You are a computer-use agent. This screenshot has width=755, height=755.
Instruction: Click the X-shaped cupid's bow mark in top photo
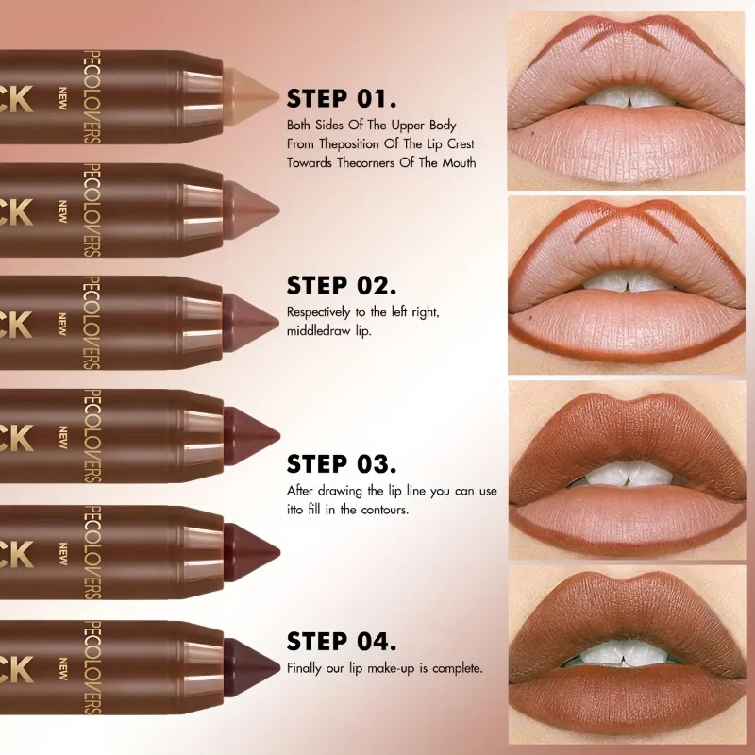point(627,42)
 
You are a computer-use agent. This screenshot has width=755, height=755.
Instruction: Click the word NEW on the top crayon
point(63,95)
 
